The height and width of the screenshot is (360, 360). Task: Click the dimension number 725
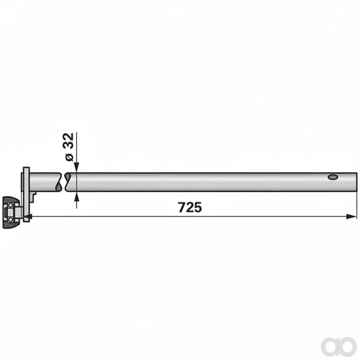click(190, 207)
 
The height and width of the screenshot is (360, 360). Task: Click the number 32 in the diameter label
click(69, 141)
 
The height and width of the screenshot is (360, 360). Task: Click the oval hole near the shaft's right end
click(333, 177)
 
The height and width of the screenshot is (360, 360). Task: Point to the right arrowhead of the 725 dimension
click(351, 217)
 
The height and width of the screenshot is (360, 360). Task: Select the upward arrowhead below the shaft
click(76, 197)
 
